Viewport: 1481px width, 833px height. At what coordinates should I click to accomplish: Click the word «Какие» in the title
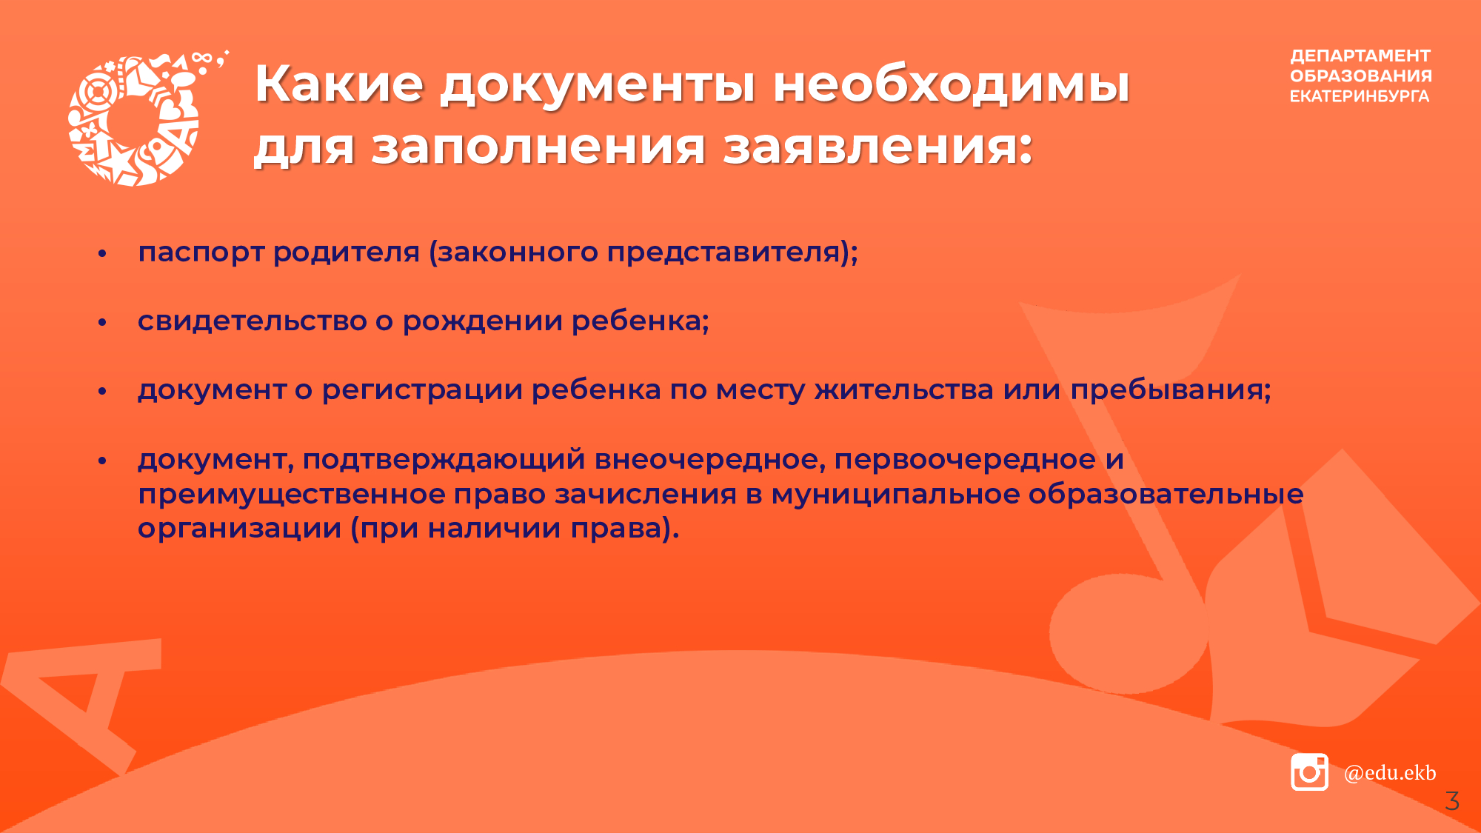tap(339, 83)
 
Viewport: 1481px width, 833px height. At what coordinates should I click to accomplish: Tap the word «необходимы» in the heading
tap(952, 83)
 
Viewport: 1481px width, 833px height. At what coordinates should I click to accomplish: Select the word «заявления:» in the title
tap(877, 147)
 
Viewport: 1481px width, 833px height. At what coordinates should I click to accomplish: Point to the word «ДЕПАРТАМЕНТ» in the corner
tap(1360, 56)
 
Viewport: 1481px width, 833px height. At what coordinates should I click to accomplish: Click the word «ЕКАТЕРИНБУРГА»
tap(1360, 96)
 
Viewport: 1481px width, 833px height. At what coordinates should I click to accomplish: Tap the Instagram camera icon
tap(1309, 772)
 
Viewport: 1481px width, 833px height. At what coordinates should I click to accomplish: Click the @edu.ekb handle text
tap(1390, 772)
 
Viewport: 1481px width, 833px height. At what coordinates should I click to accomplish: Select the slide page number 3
tap(1452, 800)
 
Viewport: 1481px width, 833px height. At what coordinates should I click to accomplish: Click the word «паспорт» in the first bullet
tap(201, 253)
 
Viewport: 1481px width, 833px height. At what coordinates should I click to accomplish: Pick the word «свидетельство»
tap(253, 321)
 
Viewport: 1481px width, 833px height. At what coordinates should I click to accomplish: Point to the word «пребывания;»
tap(1171, 389)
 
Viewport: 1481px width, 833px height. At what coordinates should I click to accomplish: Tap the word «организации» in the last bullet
tap(240, 529)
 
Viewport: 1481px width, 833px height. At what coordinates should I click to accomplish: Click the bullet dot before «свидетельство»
tap(103, 322)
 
